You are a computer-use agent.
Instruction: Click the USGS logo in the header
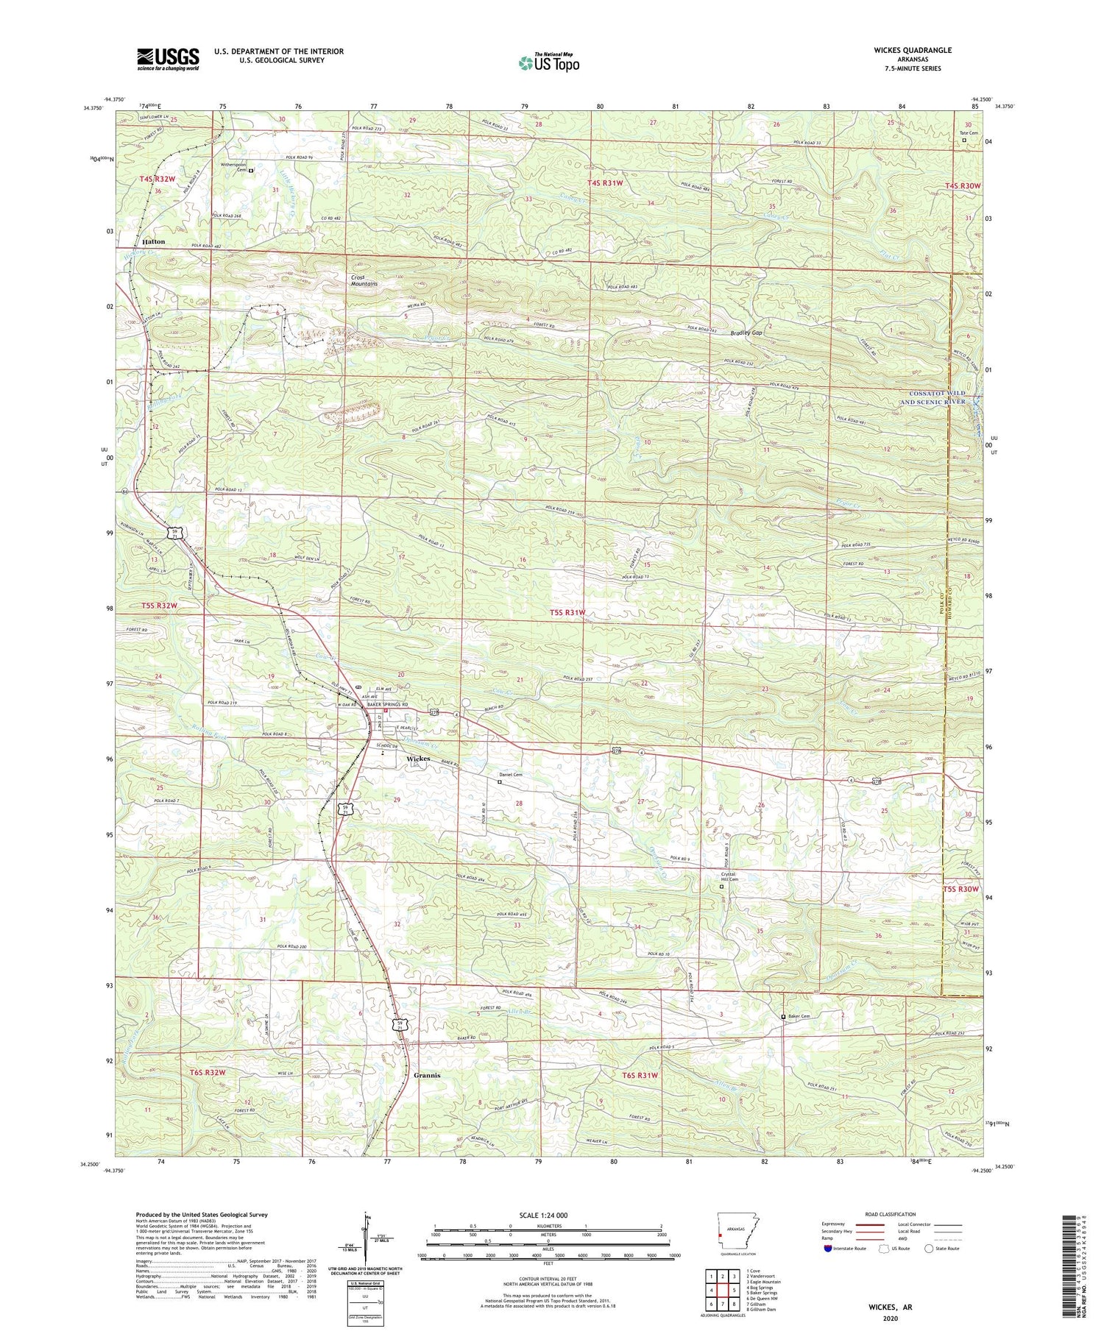coord(168,59)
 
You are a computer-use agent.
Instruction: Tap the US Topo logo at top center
coord(548,63)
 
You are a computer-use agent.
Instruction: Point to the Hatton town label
coord(154,241)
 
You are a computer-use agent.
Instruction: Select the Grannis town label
coord(427,1075)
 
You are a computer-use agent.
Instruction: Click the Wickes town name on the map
coord(418,759)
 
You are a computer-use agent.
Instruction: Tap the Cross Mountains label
coord(364,280)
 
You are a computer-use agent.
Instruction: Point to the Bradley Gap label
coord(746,333)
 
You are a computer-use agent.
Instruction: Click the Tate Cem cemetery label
coord(969,133)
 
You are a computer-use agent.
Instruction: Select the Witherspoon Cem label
coord(236,167)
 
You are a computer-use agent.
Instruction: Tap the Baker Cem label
coord(798,1016)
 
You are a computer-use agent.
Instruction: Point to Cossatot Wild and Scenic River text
coord(933,397)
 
